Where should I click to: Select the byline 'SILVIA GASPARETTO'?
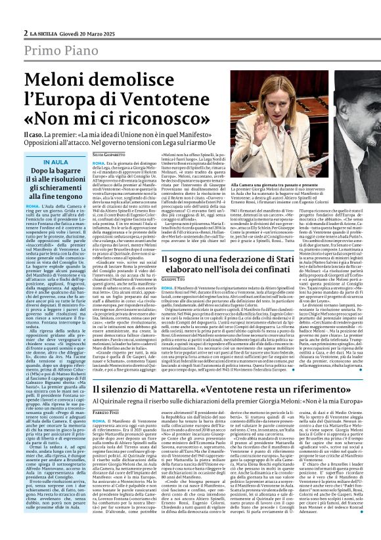click(109, 153)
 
